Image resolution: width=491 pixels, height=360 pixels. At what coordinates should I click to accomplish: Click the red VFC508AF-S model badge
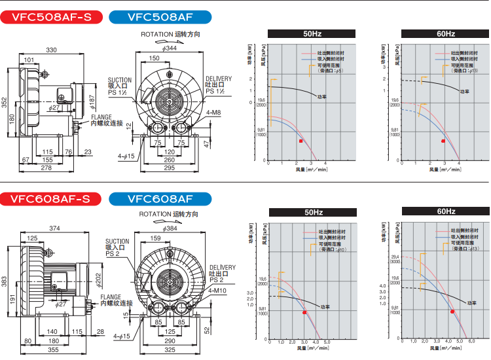[x=50, y=18]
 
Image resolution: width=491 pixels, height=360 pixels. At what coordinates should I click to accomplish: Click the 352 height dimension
[x=5, y=103]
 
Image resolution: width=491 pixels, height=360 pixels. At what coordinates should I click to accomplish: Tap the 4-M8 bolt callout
[x=213, y=113]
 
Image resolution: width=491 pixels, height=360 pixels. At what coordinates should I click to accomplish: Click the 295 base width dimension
[x=169, y=169]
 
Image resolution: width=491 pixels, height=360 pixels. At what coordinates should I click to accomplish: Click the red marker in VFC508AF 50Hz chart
[x=300, y=141]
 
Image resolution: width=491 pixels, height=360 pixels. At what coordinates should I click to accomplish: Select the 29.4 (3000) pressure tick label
[x=395, y=259]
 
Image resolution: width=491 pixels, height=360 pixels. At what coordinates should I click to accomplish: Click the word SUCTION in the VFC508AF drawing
[x=120, y=80]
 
